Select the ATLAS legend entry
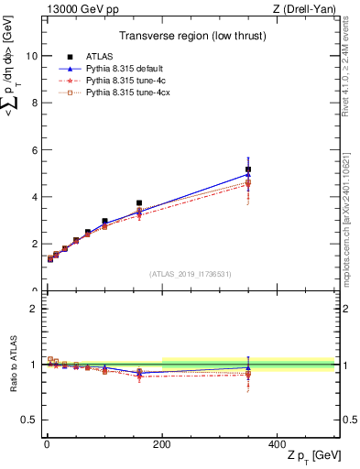96,58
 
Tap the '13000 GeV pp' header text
77,8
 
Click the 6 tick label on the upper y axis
32,150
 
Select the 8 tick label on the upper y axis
32,103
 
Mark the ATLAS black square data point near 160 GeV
139,203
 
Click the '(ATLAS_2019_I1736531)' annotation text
191,274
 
